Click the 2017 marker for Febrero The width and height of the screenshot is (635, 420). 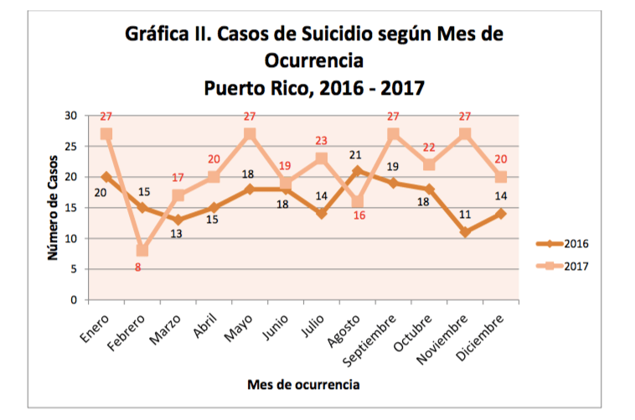tap(142, 251)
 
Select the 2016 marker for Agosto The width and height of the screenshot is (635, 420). tap(358, 171)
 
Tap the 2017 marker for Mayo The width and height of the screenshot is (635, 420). tap(250, 134)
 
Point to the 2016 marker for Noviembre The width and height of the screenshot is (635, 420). tap(465, 232)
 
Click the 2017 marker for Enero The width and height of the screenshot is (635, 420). tap(106, 134)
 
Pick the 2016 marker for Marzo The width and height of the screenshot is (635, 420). tap(178, 220)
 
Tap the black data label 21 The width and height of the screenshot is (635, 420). tap(355, 155)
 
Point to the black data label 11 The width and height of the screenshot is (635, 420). tap(465, 215)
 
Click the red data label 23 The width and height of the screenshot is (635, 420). tap(322, 141)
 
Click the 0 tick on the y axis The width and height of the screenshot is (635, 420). tap(73, 300)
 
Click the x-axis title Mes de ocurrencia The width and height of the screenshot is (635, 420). tap(303, 385)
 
